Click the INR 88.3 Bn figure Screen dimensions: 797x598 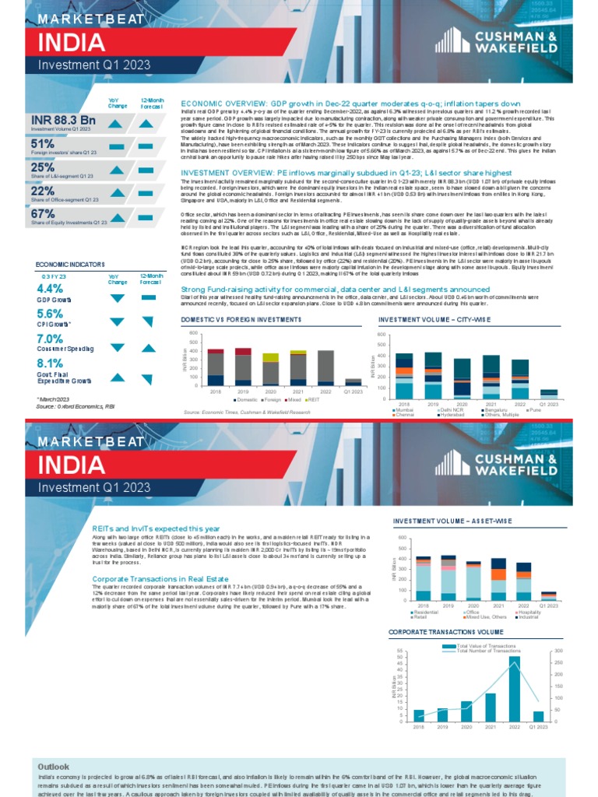click(63, 119)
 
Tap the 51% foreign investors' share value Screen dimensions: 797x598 click(42, 144)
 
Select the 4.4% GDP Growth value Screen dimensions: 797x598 click(50, 288)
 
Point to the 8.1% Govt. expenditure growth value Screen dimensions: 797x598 click(50, 363)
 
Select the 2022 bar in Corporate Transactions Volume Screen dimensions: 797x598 click(515, 689)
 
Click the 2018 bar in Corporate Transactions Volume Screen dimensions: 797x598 click(419, 715)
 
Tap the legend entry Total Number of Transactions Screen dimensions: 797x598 click(486, 651)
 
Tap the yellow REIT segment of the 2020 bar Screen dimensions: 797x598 click(270, 357)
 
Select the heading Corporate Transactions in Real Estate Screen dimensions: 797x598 click(160, 578)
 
